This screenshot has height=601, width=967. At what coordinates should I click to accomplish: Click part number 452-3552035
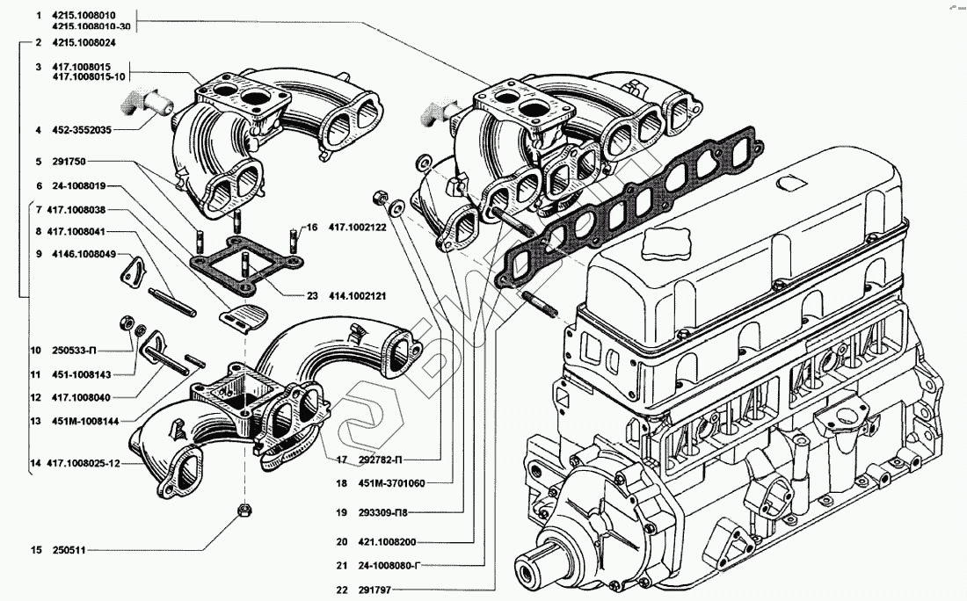tap(82, 130)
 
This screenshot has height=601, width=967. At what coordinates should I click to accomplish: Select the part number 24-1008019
tap(79, 185)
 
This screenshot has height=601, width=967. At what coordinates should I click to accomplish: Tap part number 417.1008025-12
tap(84, 463)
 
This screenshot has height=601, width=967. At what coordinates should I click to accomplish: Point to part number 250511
tap(69, 550)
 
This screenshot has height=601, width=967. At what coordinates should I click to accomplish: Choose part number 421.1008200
tap(387, 542)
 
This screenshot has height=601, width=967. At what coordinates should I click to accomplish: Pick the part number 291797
tap(374, 590)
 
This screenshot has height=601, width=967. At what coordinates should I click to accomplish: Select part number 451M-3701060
tap(391, 483)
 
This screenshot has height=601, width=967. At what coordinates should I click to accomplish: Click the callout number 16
tap(312, 228)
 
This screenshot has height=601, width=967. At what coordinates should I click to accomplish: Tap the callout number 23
tap(312, 296)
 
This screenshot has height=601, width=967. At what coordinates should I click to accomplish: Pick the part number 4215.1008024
tap(84, 42)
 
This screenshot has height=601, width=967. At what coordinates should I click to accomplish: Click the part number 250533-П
tap(74, 351)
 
